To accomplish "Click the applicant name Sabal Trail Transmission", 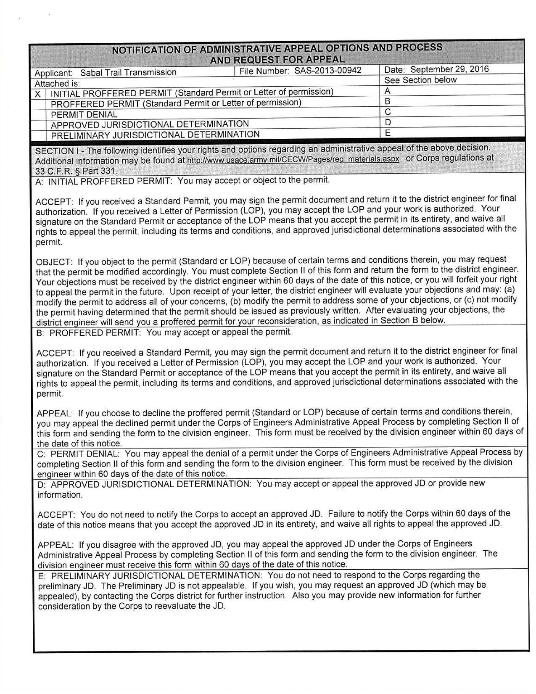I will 128,72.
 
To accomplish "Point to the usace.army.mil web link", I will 293,160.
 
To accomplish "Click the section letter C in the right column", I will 388,112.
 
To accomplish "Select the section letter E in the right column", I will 388,133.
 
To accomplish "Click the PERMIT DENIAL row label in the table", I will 84,115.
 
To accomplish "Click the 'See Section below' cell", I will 420,80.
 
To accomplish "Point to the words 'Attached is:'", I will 57,84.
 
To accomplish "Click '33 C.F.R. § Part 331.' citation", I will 76,171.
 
